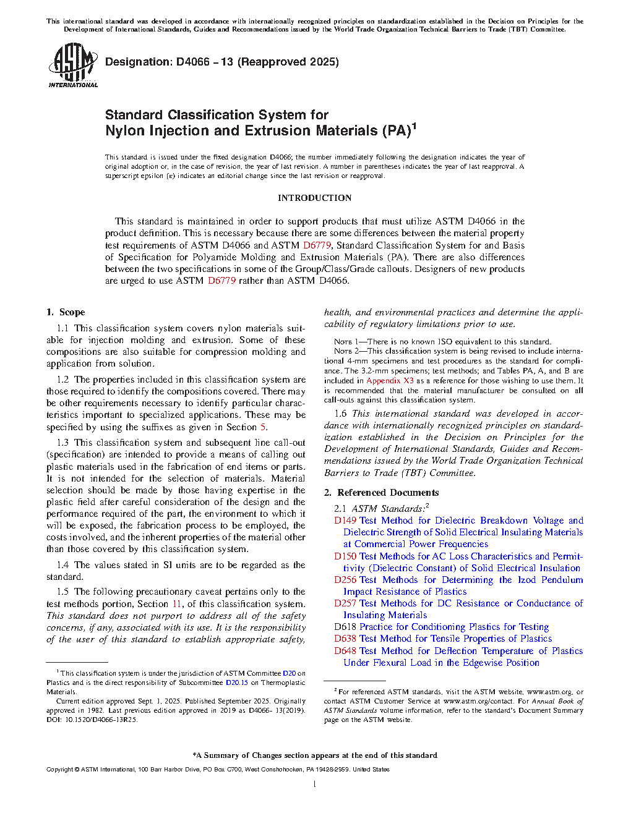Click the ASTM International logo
coord(72,65)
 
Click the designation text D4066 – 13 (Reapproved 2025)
coord(222,62)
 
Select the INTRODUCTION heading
coord(314,198)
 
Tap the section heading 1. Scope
coord(66,312)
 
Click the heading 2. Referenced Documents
coord(381,493)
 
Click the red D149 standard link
coord(345,521)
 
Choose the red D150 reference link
coord(345,556)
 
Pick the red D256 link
coord(345,580)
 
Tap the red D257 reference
coord(345,603)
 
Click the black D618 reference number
coord(345,627)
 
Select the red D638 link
coord(345,639)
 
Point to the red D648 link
coord(345,651)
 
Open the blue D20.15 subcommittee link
coord(237,682)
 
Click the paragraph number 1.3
coord(62,443)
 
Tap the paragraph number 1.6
coord(340,414)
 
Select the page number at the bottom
coord(315,784)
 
